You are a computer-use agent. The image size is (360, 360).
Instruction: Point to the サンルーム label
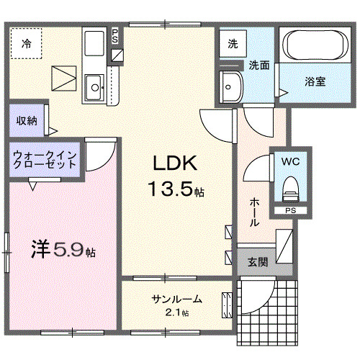pos(176,300)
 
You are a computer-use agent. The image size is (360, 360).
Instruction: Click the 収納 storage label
pos(27,120)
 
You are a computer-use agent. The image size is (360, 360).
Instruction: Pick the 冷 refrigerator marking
pos(26,41)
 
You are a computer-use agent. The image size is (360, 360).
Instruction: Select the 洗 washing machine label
pos(233,44)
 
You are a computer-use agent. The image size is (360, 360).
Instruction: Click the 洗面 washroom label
pos(259,66)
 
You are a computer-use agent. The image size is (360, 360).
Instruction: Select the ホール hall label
pos(254,213)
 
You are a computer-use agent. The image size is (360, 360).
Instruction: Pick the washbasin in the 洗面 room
pos(232,87)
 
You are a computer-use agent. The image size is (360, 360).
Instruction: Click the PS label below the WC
pos(290,210)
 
